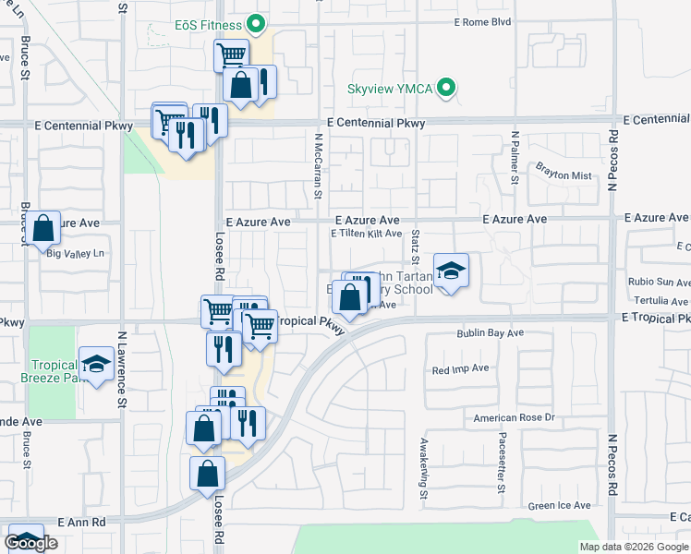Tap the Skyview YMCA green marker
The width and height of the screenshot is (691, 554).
pos(447,90)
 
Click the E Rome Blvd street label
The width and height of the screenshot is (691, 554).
pos(482,22)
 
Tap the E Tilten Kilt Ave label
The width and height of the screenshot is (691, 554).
pos(366,235)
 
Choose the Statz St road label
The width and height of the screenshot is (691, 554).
pos(417,246)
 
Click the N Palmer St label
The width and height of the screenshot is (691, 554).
pos(515,156)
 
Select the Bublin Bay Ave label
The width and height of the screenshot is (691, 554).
pos(490,332)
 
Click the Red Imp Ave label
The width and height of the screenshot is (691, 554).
pos(460,368)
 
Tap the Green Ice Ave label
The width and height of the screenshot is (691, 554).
pos(559,506)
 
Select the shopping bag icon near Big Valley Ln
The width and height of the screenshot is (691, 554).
pos(43,228)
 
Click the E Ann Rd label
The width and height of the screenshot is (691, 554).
pos(81,522)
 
